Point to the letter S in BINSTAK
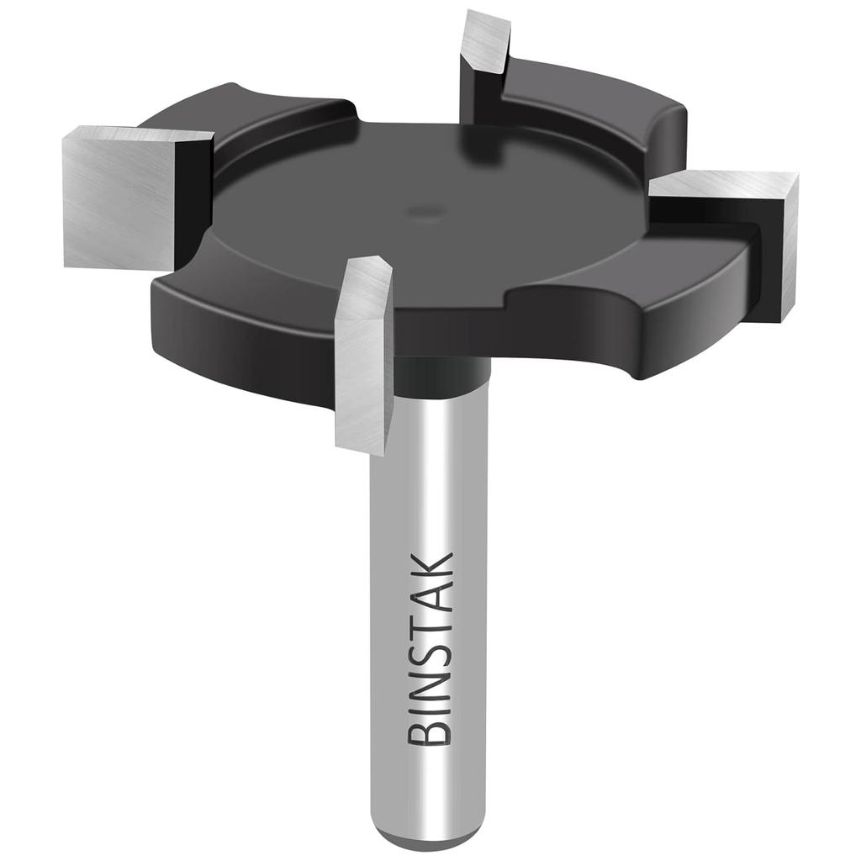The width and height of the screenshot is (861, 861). pyautogui.click(x=430, y=649)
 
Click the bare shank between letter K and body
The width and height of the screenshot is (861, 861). pyautogui.click(x=430, y=471)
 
